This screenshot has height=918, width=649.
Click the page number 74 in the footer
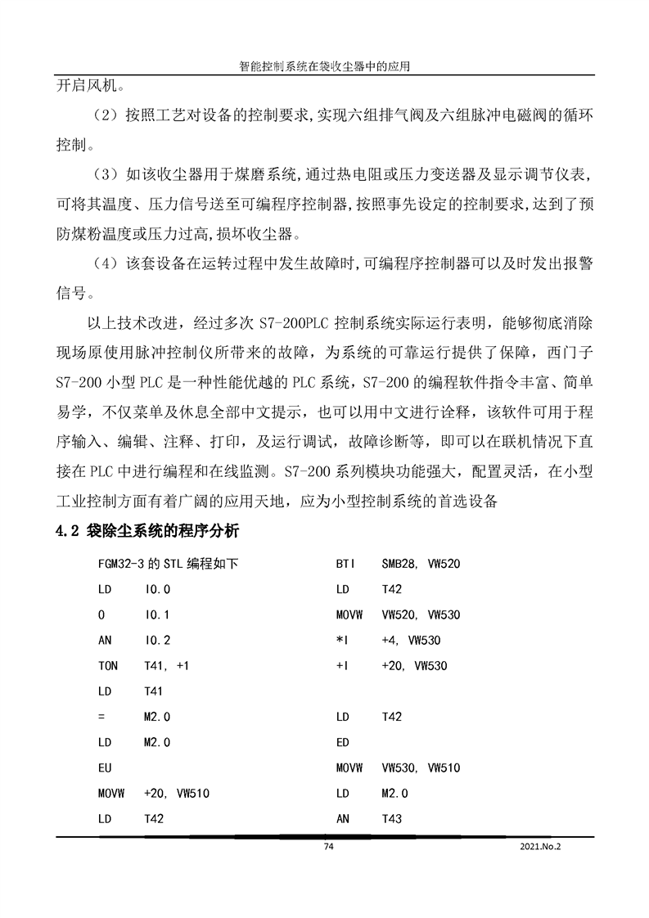(x=329, y=847)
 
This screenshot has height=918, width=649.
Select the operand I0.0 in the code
(x=157, y=589)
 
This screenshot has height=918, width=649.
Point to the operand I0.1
(x=157, y=614)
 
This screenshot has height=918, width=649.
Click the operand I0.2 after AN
(x=157, y=640)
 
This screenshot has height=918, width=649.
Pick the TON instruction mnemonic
(x=107, y=665)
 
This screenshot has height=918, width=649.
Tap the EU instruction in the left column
(x=105, y=767)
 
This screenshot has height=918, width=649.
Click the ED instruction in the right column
(x=343, y=742)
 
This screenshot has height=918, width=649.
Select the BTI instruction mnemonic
(x=345, y=564)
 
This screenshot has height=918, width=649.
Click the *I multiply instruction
(x=342, y=640)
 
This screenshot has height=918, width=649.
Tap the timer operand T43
(x=392, y=818)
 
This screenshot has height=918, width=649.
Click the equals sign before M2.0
(x=101, y=717)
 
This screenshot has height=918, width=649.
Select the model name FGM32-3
(x=120, y=564)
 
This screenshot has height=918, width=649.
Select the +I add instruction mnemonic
(x=342, y=665)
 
